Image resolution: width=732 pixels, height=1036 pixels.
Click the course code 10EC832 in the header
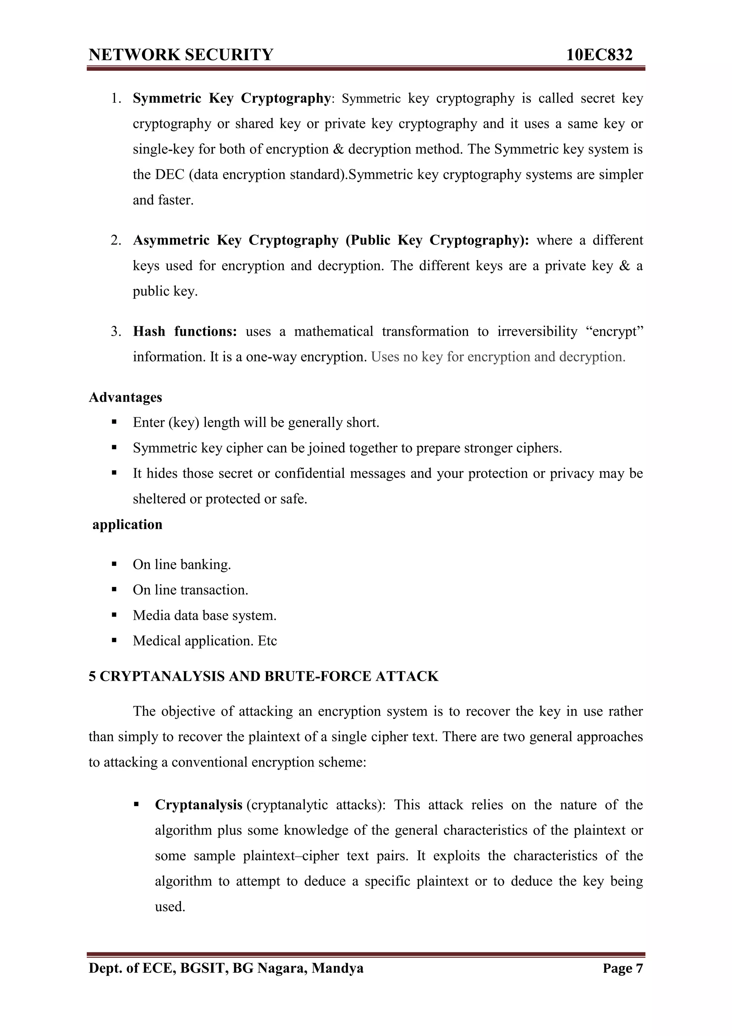tap(599, 55)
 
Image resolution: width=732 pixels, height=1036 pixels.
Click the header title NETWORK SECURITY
tap(181, 55)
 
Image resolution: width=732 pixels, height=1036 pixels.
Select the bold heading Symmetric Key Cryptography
tap(231, 98)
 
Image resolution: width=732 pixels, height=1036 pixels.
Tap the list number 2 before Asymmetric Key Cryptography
tap(116, 240)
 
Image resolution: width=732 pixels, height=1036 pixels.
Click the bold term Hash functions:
tap(185, 332)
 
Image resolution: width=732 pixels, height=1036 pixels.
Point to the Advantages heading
tap(125, 397)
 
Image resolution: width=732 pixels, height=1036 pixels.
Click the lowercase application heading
tap(127, 524)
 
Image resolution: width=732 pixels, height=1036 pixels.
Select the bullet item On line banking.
tap(182, 564)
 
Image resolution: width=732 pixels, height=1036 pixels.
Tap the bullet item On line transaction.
tap(191, 590)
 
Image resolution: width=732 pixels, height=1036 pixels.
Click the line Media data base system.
tap(204, 616)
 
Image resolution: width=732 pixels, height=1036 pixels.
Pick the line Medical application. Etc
tap(205, 641)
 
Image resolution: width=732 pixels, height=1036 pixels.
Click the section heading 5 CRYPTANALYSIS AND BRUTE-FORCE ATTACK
tap(263, 676)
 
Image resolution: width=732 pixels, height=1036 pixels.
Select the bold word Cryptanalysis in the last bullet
tap(198, 805)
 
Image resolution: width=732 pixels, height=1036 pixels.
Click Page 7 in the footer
tap(622, 968)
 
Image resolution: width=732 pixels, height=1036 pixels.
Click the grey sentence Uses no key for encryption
tap(498, 357)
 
